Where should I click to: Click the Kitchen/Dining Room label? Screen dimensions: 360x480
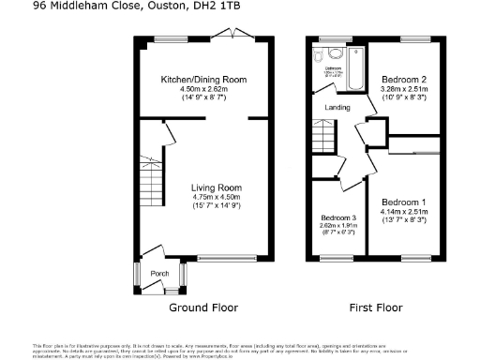click(x=203, y=80)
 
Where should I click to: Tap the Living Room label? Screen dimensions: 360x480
click(x=203, y=187)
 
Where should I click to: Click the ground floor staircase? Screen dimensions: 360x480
click(x=151, y=174)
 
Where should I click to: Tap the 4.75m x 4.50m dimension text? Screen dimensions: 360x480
click(x=203, y=197)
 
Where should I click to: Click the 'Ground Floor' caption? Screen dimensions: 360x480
click(x=203, y=307)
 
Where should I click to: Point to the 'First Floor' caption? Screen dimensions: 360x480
click(x=375, y=307)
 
